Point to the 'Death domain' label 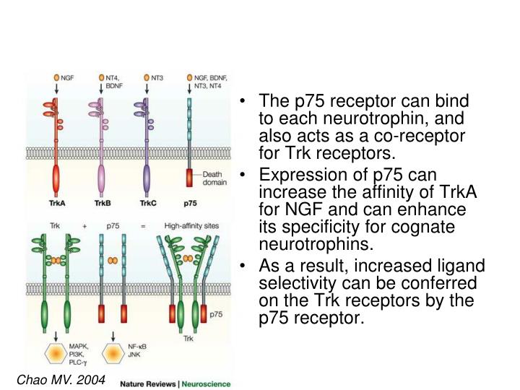point(214,178)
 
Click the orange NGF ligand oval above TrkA point(56,77)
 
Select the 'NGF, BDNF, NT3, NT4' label point(212,80)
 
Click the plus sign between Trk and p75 point(84,225)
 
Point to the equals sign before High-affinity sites point(143,225)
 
